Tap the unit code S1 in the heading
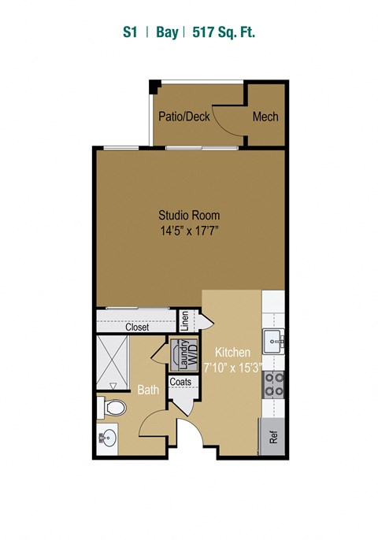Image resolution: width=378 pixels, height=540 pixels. point(130,32)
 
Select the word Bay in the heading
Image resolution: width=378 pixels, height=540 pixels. point(166,32)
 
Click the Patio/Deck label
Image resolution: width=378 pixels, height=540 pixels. point(183,117)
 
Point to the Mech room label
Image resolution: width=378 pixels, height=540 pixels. point(265,117)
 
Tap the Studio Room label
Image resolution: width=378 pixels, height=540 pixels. point(189,215)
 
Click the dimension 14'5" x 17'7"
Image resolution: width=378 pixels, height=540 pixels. point(189,231)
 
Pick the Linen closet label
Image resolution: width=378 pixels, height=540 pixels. point(185,320)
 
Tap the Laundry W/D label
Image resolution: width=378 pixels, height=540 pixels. point(187,354)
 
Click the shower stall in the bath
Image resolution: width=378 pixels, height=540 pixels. point(113,361)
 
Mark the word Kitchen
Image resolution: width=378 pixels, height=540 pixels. point(233,353)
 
